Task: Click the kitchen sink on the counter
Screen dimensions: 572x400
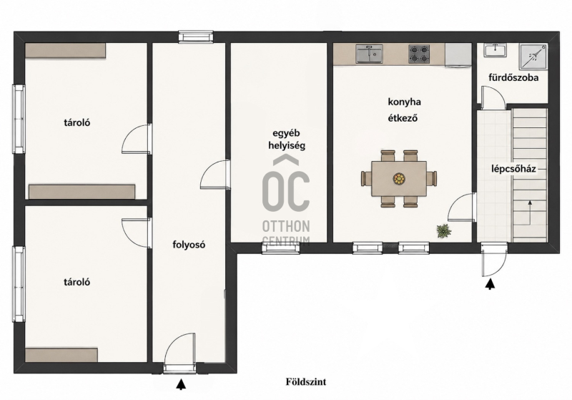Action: click(369, 54)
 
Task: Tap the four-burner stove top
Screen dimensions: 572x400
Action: click(419, 54)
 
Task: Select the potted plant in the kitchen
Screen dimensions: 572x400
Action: click(443, 230)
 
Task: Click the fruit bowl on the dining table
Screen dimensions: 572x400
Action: click(399, 178)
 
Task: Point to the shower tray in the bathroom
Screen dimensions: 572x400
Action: click(533, 57)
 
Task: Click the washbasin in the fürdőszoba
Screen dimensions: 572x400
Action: click(495, 50)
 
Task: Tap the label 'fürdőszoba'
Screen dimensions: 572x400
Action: click(513, 77)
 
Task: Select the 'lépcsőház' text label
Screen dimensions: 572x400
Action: click(513, 169)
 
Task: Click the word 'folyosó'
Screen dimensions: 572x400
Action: click(189, 245)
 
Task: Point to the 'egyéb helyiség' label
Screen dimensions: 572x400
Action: click(287, 140)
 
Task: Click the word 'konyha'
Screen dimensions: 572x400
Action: click(404, 102)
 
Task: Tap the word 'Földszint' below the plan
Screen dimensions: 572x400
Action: click(306, 381)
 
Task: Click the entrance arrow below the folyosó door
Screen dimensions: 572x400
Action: click(181, 384)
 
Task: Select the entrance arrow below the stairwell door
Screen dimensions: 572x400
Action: click(490, 283)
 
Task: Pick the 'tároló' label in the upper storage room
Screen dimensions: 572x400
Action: click(77, 122)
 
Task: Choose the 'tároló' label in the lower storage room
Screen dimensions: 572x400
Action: click(77, 282)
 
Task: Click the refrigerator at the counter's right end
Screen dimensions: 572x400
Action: click(458, 56)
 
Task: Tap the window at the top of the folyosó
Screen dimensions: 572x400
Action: click(195, 37)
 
